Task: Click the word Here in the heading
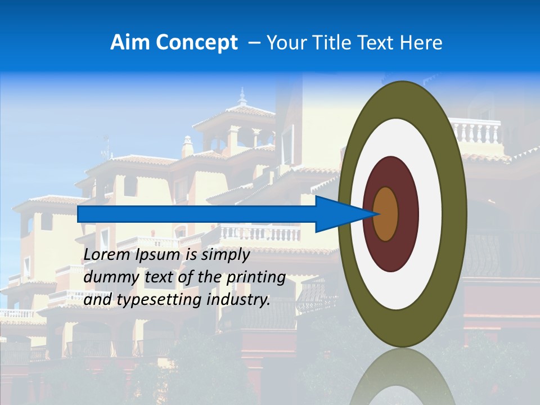click(x=422, y=43)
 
